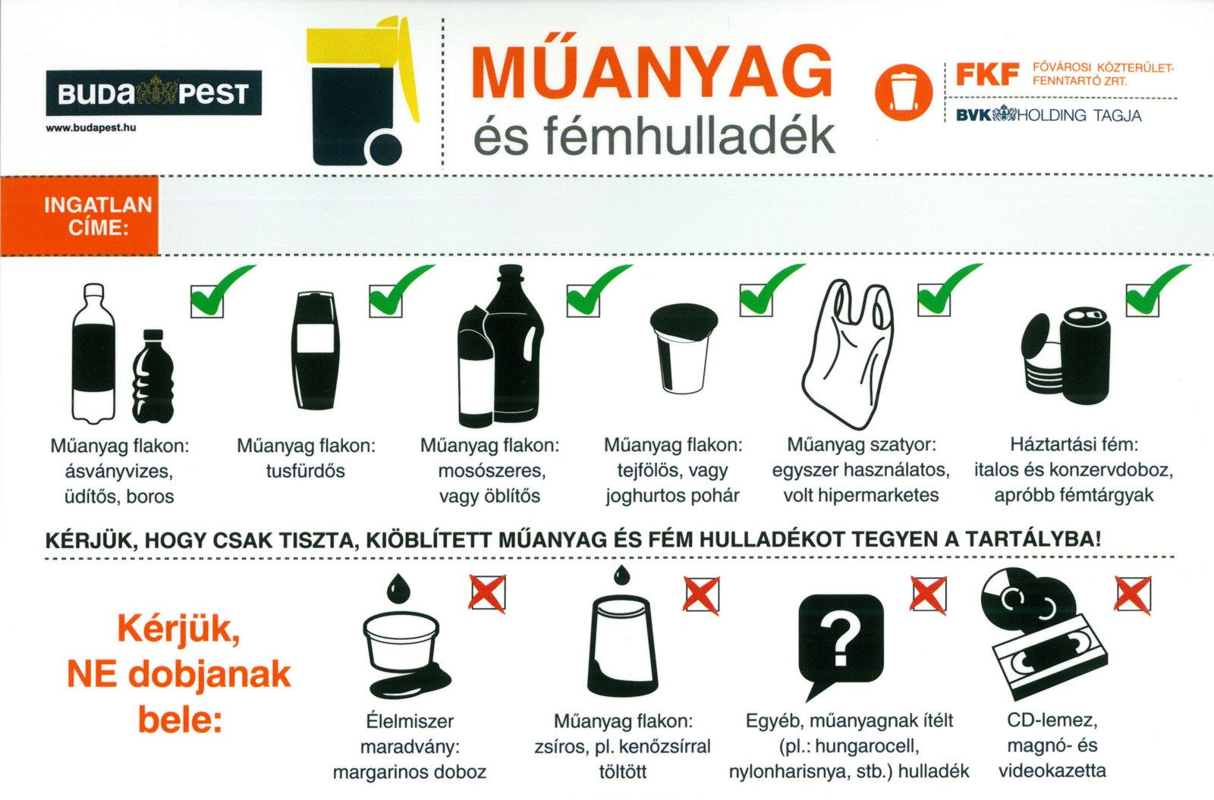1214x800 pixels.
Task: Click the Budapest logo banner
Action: pos(153,93)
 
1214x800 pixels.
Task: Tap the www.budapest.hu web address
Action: pos(90,128)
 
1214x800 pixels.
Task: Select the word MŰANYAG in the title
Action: pos(652,72)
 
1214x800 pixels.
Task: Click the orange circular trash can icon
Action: pos(903,92)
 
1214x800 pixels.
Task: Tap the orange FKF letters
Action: pos(987,74)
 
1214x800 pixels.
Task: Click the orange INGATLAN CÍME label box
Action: pos(79,215)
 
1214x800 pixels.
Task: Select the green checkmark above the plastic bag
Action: pos(949,289)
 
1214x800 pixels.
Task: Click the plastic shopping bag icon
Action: pos(848,355)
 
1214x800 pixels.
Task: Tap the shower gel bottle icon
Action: pos(316,350)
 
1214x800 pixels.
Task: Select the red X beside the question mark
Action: pos(928,595)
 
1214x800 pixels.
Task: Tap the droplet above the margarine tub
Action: pos(399,588)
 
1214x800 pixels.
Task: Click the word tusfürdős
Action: pos(305,471)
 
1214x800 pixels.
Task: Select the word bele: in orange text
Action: pos(181,720)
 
